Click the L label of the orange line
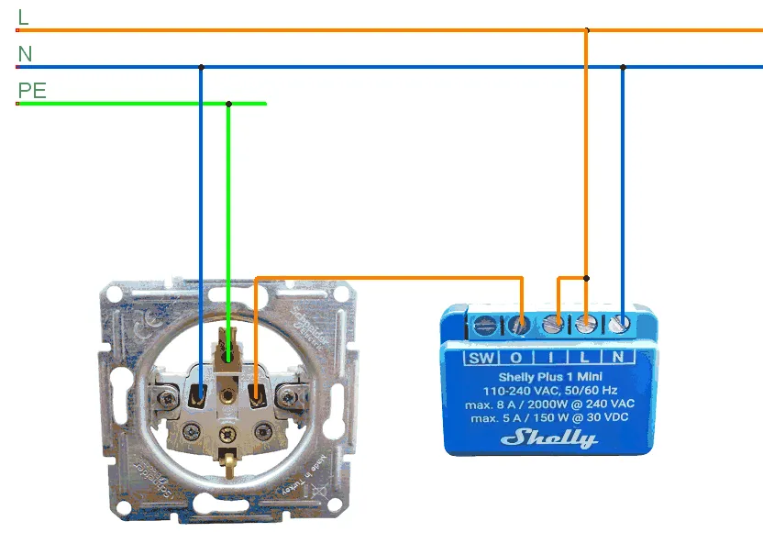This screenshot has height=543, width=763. click(23, 17)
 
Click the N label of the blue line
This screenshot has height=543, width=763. click(25, 54)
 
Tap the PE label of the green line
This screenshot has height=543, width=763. click(32, 91)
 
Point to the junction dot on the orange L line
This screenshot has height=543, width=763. click(587, 30)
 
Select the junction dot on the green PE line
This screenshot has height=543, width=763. click(229, 104)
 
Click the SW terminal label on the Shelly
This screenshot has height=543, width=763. click(481, 358)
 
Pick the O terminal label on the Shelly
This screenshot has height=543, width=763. click(516, 358)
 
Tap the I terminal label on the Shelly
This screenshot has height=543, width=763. click(550, 358)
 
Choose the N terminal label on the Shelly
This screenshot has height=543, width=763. click(618, 358)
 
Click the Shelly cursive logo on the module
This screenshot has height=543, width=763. click(549, 437)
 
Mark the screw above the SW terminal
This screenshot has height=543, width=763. click(486, 324)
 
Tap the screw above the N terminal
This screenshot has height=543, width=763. click(622, 323)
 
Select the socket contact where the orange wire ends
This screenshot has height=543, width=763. click(256, 395)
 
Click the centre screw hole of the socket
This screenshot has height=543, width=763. click(227, 397)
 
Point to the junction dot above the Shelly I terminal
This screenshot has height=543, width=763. click(587, 277)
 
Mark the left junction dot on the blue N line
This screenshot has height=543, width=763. click(201, 67)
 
